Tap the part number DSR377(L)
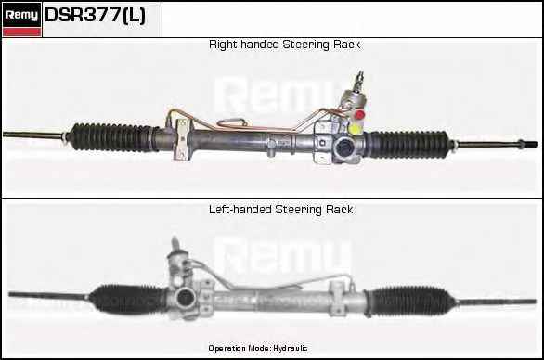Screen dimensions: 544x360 [x=96, y=15]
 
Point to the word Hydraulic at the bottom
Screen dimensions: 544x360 [x=290, y=348]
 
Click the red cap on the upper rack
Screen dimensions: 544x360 [x=360, y=114]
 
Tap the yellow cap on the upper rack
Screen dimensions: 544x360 [x=356, y=129]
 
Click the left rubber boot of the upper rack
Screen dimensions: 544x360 [x=112, y=137]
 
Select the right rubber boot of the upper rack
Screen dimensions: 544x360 [x=409, y=144]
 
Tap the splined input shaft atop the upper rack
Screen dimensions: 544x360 [x=359, y=81]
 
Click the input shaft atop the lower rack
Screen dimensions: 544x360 [x=175, y=245]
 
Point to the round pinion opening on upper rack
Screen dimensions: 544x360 [x=343, y=147]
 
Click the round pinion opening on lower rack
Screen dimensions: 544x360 [x=183, y=299]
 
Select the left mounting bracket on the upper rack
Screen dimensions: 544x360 [x=181, y=139]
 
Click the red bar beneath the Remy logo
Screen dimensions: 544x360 [x=21, y=32]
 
